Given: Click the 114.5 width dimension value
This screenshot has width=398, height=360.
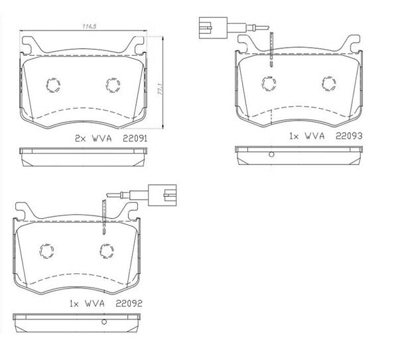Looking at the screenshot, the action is pos(90,26).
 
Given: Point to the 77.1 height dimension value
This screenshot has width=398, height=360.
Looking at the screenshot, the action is pos(160,90).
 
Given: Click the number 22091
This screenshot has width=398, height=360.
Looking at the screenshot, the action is pos(135,139).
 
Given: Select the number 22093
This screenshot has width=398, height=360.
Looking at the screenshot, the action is pos(349,136).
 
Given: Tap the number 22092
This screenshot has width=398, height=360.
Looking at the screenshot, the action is pos(129,304).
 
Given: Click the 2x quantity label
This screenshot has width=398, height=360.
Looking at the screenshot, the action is pos(81,139).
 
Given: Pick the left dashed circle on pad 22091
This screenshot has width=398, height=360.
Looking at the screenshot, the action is pos(53,85).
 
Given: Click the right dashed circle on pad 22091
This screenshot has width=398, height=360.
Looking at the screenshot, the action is pos(113,85).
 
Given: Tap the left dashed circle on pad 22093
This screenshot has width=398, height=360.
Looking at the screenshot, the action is pos(269,84).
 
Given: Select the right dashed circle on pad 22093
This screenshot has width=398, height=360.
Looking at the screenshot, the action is pos(329,84).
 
